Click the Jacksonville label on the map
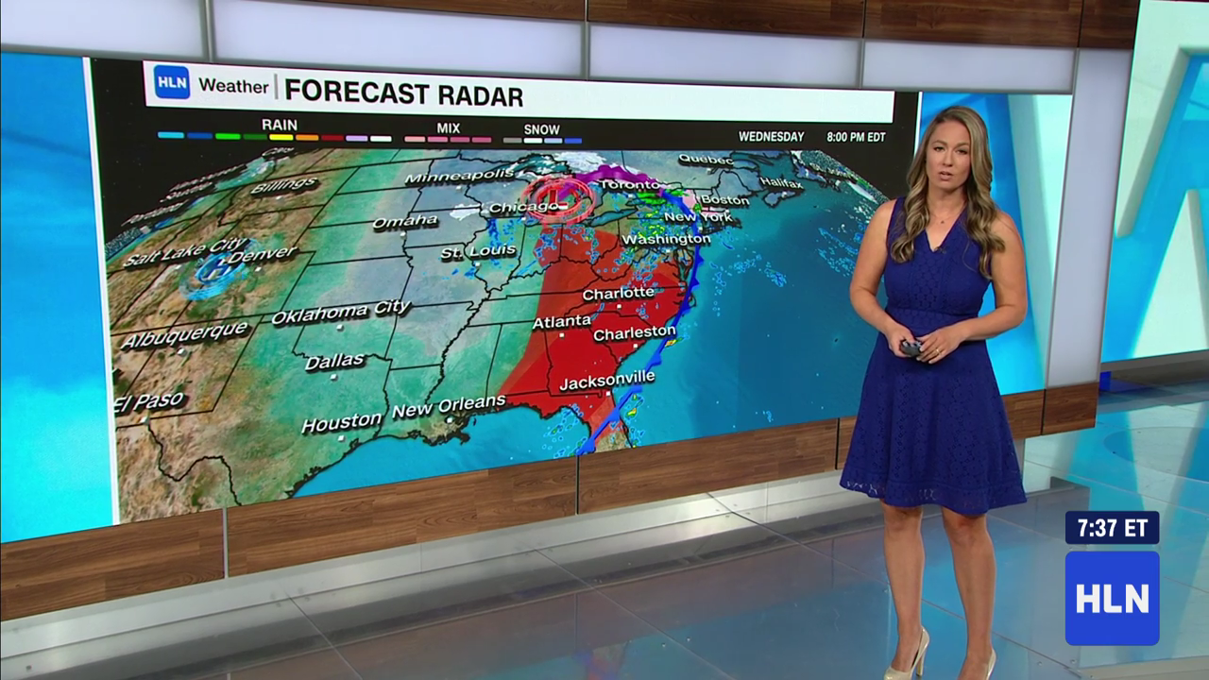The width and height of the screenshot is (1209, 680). (606, 380)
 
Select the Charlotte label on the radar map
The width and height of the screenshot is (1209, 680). (618, 294)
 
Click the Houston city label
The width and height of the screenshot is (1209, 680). (341, 422)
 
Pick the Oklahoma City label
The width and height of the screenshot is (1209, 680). (340, 312)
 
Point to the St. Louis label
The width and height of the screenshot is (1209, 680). (478, 252)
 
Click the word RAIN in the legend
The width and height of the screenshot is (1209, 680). (279, 125)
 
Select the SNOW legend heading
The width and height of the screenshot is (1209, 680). (541, 129)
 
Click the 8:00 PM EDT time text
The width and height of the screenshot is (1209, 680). (856, 137)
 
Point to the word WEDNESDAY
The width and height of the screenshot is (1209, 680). (771, 137)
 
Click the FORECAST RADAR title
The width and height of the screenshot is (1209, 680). (403, 94)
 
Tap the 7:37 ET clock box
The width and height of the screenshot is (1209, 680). (1112, 528)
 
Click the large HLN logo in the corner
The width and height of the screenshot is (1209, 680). (1112, 598)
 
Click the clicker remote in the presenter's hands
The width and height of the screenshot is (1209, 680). (910, 348)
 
